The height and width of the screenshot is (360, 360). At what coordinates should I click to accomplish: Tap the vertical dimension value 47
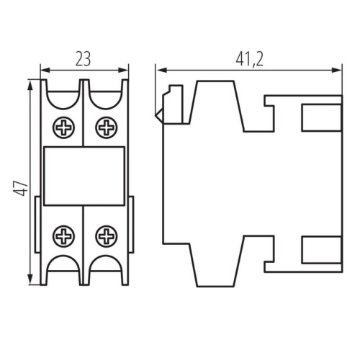click(22, 189)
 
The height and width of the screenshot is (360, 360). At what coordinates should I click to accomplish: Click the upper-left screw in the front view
click(63, 128)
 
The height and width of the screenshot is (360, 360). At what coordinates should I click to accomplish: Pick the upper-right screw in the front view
click(107, 128)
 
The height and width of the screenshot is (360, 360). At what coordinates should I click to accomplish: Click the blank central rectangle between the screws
click(84, 176)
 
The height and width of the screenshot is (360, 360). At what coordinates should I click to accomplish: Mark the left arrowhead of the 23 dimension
click(44, 71)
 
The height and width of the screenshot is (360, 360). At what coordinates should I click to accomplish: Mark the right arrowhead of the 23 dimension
click(125, 71)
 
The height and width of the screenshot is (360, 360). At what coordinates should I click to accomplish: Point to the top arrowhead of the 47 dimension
click(30, 84)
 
